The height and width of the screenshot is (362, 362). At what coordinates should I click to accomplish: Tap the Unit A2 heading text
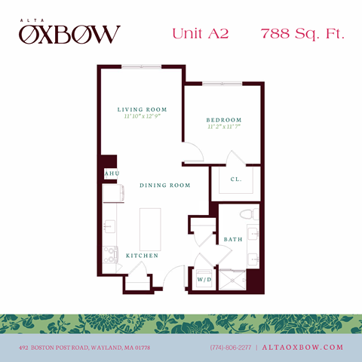[x=200, y=33]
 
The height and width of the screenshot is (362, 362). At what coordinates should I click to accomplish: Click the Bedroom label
[x=224, y=120]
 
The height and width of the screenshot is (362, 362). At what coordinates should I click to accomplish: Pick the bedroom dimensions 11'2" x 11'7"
[x=224, y=127]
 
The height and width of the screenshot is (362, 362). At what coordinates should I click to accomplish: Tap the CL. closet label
[x=235, y=179]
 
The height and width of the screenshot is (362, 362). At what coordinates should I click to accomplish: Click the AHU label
[x=111, y=173]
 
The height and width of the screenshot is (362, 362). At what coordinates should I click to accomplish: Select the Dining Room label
[x=164, y=185]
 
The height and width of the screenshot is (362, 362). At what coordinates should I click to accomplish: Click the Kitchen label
[x=142, y=256]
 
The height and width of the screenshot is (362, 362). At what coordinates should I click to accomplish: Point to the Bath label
[x=232, y=240]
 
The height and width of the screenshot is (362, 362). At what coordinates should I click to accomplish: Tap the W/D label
[x=204, y=280]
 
